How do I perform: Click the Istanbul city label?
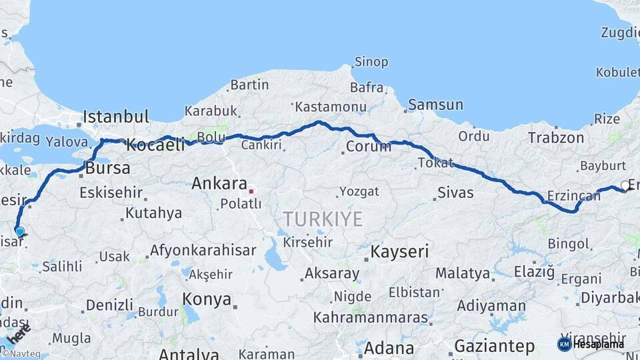[116, 117]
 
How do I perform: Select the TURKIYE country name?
[323, 218]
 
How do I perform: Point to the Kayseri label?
[399, 251]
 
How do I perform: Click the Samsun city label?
[435, 104]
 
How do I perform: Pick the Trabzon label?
[555, 138]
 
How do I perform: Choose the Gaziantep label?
[494, 346]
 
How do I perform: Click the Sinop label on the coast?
[371, 62]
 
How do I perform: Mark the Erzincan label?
[573, 195]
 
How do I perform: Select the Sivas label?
[455, 193]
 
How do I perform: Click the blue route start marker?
[20, 232]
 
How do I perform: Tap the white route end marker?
[625, 186]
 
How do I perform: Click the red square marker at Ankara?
[251, 191]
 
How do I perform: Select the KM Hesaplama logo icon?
[564, 344]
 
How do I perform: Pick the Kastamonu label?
[331, 107]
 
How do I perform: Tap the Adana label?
[389, 348]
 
